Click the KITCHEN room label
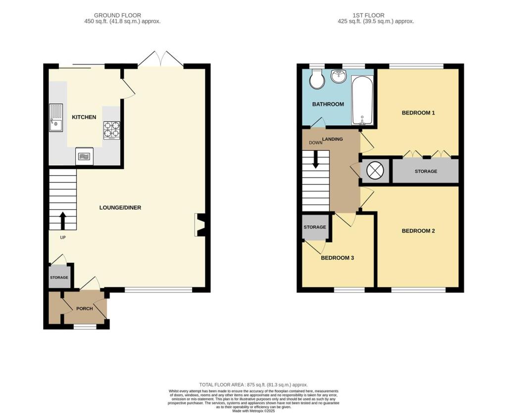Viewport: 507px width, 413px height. coord(84,117)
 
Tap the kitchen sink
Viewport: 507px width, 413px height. coord(56,118)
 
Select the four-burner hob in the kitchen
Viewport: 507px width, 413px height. coord(111,130)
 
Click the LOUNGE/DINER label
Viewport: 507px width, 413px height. coord(120,207)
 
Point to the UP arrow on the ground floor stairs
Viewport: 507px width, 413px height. coord(63,221)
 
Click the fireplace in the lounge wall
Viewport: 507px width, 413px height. coord(200,225)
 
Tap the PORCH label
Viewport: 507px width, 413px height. coord(84,308)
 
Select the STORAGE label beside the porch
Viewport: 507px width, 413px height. coord(59,277)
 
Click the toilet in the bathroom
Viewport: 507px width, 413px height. coord(316,79)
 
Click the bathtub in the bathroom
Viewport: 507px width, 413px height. coord(362,100)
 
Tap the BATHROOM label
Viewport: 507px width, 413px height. coord(328,104)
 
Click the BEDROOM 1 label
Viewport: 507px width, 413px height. coord(418,113)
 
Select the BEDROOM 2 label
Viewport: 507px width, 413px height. coord(418,231)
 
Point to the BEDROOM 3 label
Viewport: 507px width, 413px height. coord(337,258)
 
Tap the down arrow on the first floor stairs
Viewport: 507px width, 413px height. coord(315,160)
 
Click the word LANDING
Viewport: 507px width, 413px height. coord(332,139)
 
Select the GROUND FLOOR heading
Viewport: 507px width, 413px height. coord(117,15)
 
